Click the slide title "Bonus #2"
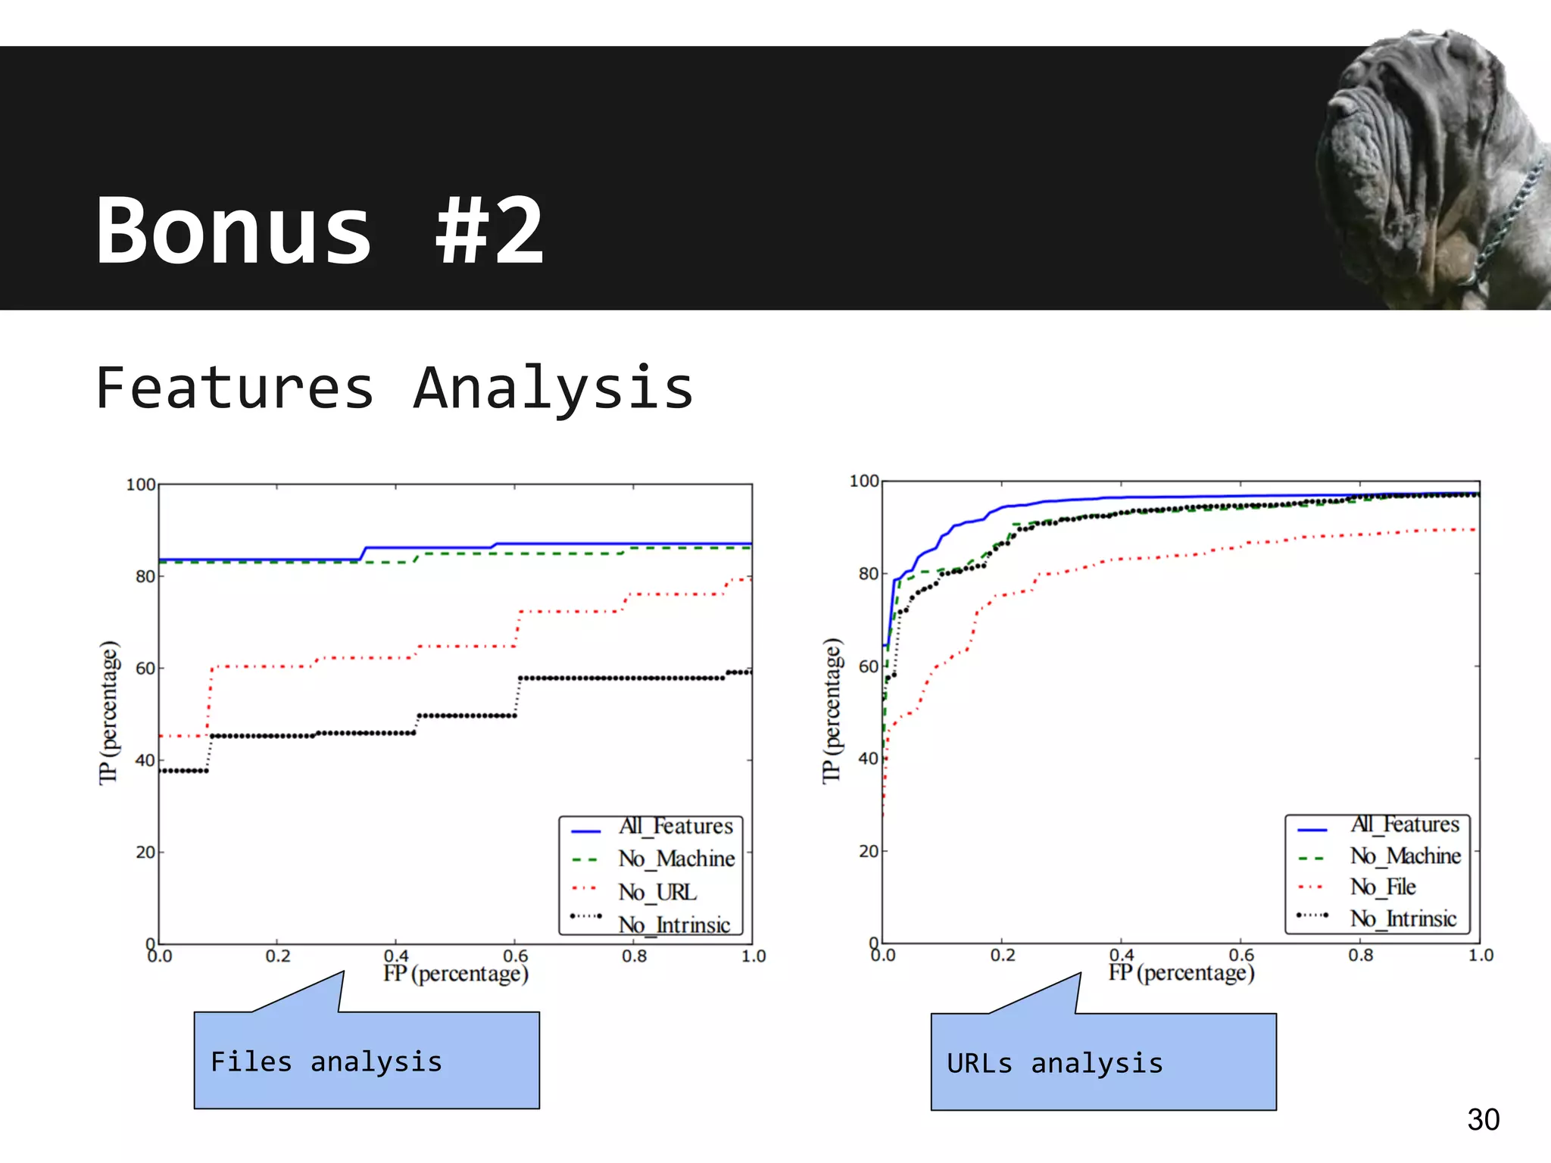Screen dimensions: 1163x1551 [x=319, y=230]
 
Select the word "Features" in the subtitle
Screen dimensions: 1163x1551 [x=235, y=388]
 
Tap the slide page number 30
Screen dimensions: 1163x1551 [x=1483, y=1120]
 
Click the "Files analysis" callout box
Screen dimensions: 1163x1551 [x=367, y=1061]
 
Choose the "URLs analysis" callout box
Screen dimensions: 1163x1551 [x=1103, y=1063]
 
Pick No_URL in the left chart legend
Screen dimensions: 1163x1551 [x=657, y=892]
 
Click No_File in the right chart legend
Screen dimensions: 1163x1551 [x=1383, y=887]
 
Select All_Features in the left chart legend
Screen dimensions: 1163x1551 [x=676, y=826]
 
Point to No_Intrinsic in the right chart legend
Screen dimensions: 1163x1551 [x=1403, y=919]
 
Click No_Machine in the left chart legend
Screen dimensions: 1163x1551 [x=676, y=859]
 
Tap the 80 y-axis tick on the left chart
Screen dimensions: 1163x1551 [x=145, y=577]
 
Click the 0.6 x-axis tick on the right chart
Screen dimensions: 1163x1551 [x=1241, y=956]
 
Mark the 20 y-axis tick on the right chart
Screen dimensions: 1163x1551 [x=869, y=851]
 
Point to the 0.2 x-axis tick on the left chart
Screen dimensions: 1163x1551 [x=278, y=956]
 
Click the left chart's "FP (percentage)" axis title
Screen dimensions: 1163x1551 [x=455, y=974]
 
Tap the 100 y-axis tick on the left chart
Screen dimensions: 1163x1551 [x=141, y=485]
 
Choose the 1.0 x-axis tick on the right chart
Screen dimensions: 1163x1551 [x=1481, y=956]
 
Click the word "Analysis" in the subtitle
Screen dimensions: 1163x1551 [x=554, y=388]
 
